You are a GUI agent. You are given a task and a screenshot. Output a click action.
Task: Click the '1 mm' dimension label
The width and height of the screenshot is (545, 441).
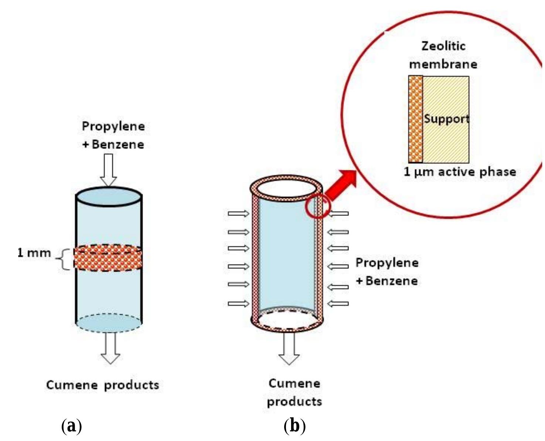pyautogui.click(x=34, y=253)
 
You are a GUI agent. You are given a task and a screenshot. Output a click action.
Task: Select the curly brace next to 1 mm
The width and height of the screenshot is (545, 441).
pyautogui.click(x=64, y=259)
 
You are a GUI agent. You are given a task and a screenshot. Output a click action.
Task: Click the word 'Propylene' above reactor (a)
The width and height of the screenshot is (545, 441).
pyautogui.click(x=113, y=126)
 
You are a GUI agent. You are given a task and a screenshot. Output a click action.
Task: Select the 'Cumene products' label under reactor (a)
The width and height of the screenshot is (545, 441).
pyautogui.click(x=102, y=385)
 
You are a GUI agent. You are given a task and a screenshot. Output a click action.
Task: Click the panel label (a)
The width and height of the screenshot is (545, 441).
pyautogui.click(x=71, y=426)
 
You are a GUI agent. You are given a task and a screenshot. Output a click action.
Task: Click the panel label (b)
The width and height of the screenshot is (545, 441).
pyautogui.click(x=294, y=426)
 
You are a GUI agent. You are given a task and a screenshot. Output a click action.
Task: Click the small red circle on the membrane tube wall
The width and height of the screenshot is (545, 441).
pyautogui.click(x=317, y=207)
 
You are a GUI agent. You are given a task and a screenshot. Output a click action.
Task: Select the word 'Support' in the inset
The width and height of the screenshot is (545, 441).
pyautogui.click(x=446, y=119)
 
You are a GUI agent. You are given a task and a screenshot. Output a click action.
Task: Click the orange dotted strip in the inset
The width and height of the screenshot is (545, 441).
pyautogui.click(x=415, y=119)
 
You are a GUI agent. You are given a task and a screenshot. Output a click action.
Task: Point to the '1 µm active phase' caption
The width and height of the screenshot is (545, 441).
pyautogui.click(x=460, y=172)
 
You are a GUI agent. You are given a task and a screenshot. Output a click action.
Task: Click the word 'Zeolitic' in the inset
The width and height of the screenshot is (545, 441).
pyautogui.click(x=443, y=46)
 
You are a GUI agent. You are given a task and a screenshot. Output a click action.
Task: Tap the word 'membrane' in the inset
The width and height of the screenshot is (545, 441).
pyautogui.click(x=443, y=64)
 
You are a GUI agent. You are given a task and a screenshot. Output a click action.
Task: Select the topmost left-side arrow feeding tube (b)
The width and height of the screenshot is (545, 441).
pyautogui.click(x=238, y=213)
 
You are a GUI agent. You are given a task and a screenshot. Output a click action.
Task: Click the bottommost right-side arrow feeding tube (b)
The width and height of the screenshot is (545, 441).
pyautogui.click(x=338, y=304)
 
